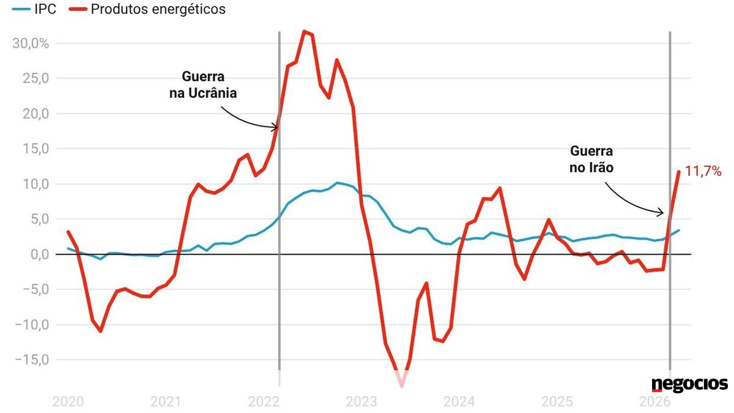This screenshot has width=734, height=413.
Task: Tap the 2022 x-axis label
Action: tap(264, 402)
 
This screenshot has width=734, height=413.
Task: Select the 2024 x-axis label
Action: tap(459, 402)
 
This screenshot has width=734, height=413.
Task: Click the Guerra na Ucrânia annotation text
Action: tap(203, 86)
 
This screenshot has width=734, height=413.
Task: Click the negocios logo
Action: tap(689, 384)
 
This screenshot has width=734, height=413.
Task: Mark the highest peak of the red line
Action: tap(305, 31)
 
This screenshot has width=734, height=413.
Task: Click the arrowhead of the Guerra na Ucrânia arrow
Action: tap(277, 127)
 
